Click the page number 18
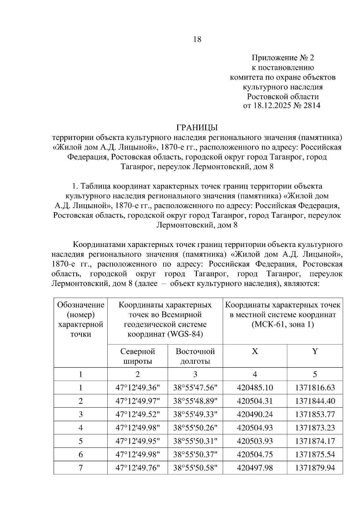click(x=197, y=39)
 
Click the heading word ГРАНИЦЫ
click(x=197, y=128)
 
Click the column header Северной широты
click(x=137, y=356)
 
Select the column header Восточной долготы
click(x=195, y=356)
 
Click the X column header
click(x=255, y=352)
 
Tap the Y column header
click(x=315, y=352)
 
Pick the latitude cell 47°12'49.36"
click(x=137, y=388)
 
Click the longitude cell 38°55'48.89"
click(x=195, y=401)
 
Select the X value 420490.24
click(x=255, y=415)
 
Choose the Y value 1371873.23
click(x=315, y=428)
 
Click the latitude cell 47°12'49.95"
click(x=137, y=441)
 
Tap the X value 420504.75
click(x=255, y=454)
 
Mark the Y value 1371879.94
click(x=315, y=468)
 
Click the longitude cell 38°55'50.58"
click(x=195, y=468)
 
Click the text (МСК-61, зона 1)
click(x=283, y=325)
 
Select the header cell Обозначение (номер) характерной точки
click(x=81, y=320)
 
